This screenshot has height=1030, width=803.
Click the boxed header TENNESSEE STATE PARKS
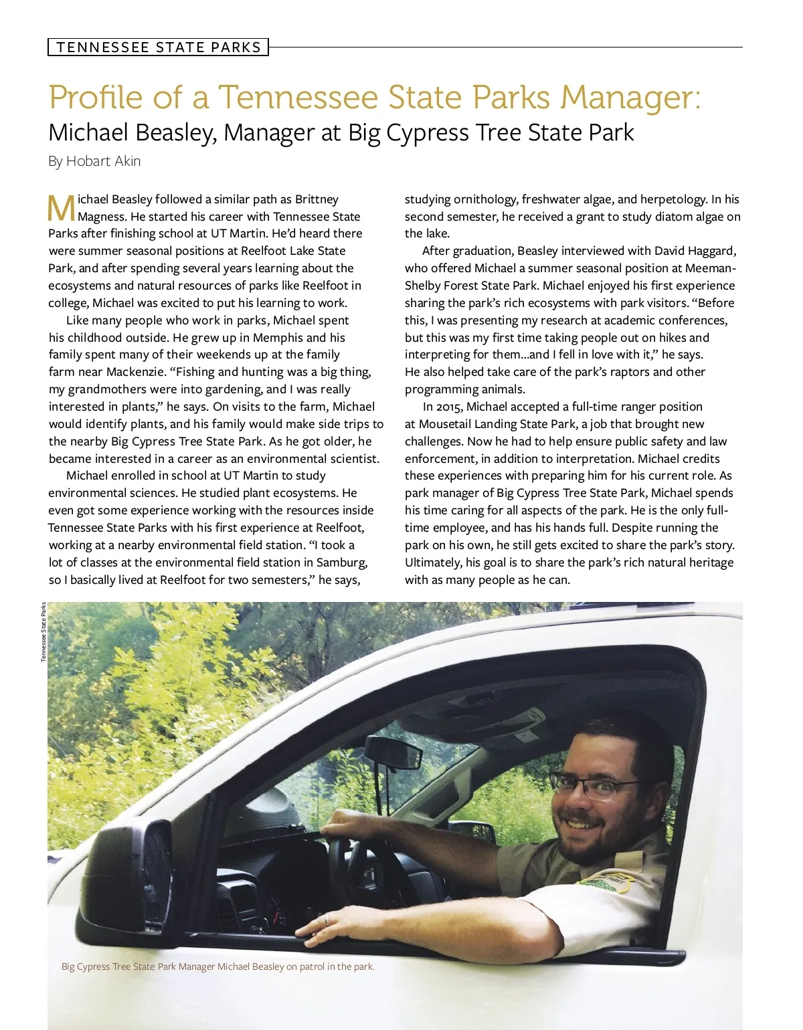click(159, 47)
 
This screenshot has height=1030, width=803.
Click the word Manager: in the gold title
click(631, 97)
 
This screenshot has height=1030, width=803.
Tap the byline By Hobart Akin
click(94, 161)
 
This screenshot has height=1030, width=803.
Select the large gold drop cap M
click(62, 208)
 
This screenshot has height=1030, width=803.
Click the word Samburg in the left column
click(341, 562)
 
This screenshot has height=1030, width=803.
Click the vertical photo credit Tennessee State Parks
click(43, 632)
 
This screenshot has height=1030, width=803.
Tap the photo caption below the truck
click(218, 966)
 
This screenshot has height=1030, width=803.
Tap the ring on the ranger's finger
click(326, 921)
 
